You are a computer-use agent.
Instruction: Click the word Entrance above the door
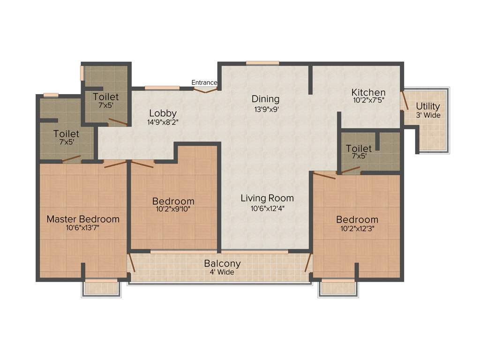coord(204,82)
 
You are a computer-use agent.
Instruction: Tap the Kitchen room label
coord(368,92)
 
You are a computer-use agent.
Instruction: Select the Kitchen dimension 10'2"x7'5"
coord(368,100)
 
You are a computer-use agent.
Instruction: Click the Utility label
coord(428,106)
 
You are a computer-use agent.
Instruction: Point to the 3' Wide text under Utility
coord(428,115)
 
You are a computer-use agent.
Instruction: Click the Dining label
coord(265,99)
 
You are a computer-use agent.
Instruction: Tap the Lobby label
coord(163,113)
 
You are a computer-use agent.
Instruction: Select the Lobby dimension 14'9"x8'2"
coord(163,122)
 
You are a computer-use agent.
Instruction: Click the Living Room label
coord(267,198)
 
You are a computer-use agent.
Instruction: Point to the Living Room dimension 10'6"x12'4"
coord(267,207)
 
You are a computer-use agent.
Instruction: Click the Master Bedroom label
coord(83,219)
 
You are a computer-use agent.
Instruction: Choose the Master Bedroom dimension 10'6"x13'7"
coord(83,228)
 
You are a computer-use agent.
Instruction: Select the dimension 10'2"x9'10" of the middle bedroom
coord(173,210)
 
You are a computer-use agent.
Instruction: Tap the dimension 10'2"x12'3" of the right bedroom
coord(357,229)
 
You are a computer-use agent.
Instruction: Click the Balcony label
coord(222,264)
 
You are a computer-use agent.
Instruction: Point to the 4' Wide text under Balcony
coord(222,272)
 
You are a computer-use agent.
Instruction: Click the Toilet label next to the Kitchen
coord(359,149)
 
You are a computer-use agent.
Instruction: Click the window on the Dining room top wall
coord(262,63)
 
